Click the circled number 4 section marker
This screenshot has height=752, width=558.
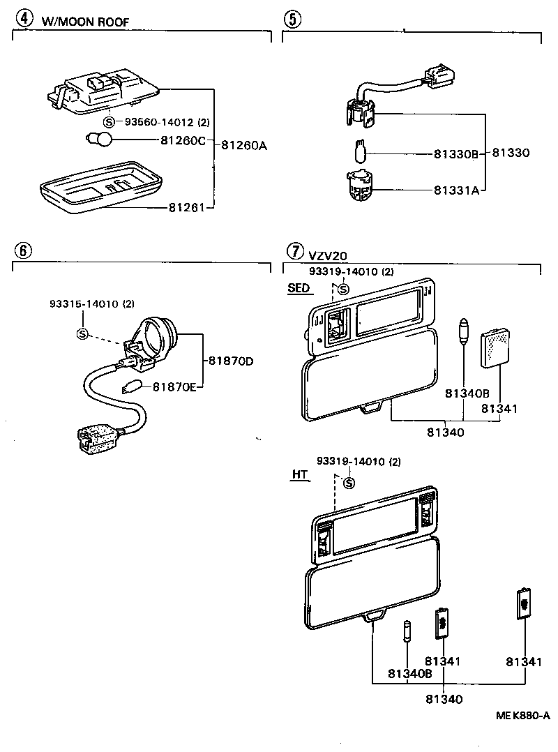tap(26, 19)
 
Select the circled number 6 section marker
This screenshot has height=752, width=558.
tap(22, 250)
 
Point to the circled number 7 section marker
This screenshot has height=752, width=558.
tap(296, 250)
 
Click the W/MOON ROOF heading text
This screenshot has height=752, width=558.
tap(85, 21)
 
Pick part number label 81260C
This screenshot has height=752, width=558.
tap(183, 140)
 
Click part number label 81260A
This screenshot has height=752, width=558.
tap(244, 145)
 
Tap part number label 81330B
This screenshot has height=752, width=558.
tap(455, 153)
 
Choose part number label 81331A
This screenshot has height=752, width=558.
tap(456, 189)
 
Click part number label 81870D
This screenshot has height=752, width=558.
tap(229, 361)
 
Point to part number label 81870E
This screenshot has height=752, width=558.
tap(174, 386)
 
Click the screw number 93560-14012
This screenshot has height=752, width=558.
tap(159, 122)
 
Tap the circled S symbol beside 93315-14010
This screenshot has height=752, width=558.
tap(82, 333)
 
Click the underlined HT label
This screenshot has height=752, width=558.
tap(299, 474)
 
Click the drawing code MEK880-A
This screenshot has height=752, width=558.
tap(523, 715)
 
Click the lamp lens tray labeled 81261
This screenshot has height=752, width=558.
tap(100, 184)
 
